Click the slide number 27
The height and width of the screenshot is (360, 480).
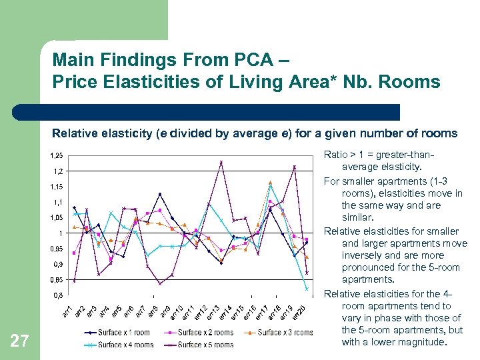point(20,341)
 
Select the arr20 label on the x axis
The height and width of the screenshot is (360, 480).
point(301,310)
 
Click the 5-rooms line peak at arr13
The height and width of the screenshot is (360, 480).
point(221,161)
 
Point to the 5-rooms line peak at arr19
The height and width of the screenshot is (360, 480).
point(294,167)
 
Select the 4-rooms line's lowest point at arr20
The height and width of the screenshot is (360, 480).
point(307,289)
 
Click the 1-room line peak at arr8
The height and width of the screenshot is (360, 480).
point(160,194)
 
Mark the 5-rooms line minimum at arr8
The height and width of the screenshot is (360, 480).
point(160,283)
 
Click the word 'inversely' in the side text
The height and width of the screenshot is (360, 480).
point(363,255)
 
